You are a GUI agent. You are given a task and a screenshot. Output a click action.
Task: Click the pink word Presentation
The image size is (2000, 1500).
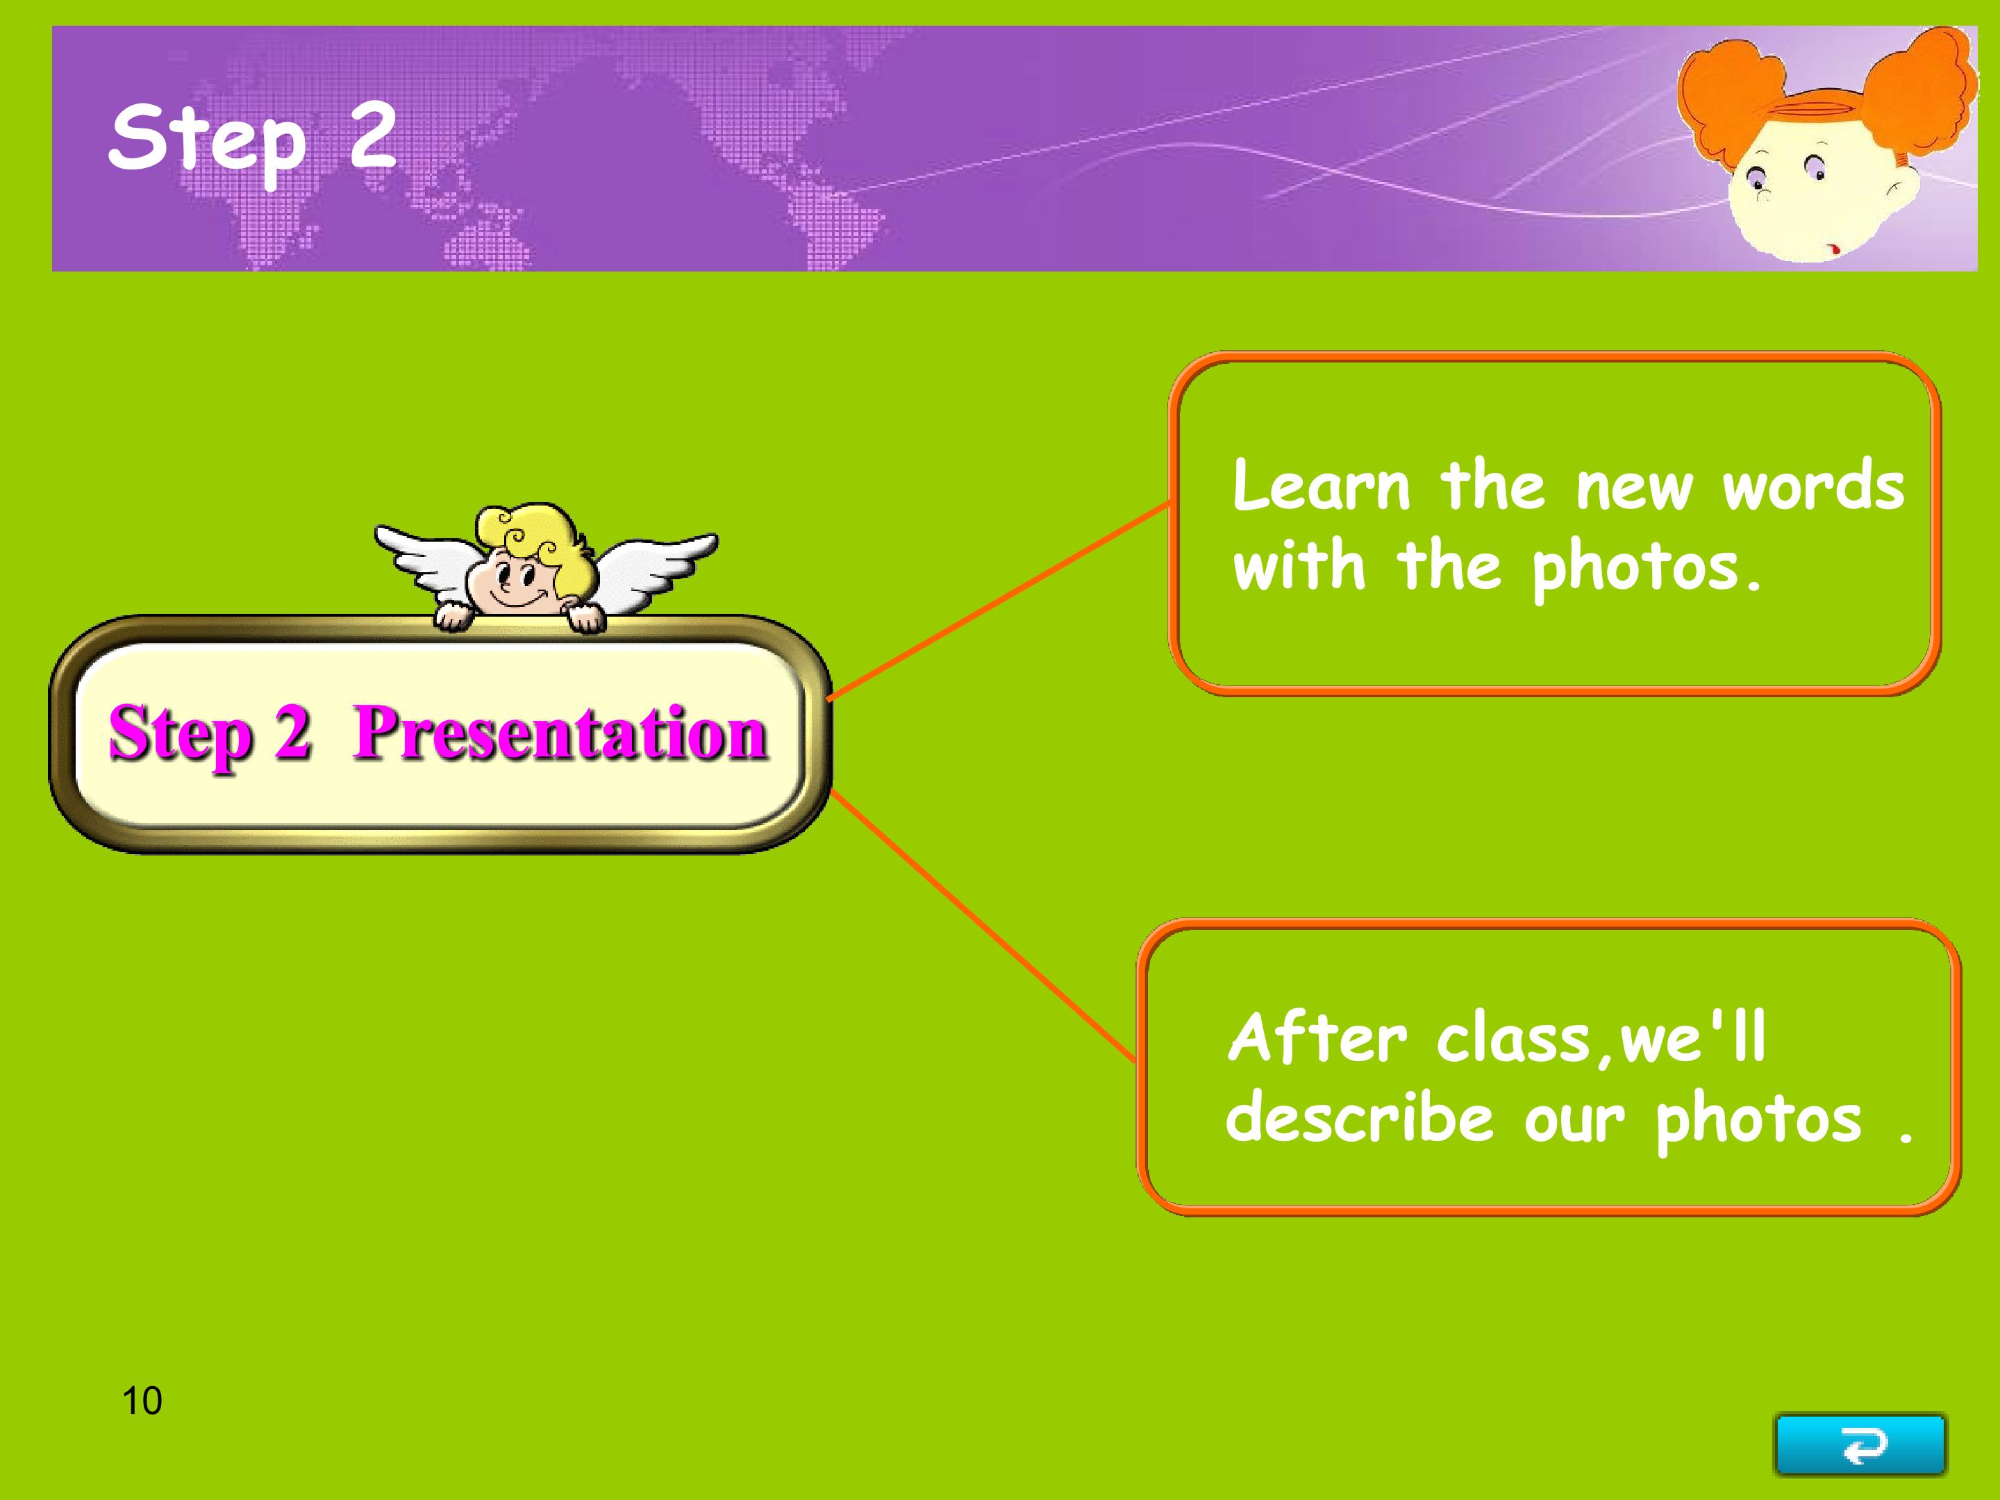560,733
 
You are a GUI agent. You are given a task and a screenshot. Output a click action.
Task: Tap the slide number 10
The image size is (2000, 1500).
142,1401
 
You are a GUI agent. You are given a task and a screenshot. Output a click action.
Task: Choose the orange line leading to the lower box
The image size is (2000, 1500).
983,925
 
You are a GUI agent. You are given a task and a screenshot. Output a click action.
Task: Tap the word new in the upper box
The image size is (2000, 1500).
1634,488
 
